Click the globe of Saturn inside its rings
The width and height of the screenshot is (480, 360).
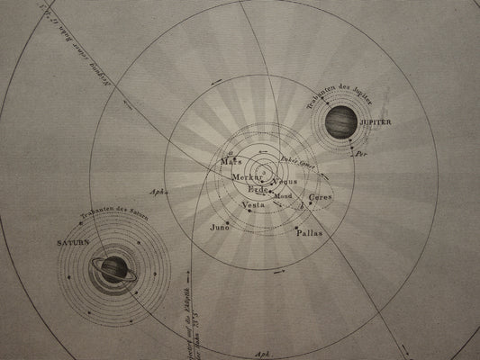tap(113, 268)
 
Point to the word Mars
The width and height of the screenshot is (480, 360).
tap(230, 163)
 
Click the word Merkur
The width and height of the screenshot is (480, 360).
tap(245, 178)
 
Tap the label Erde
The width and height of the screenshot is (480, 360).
tap(258, 191)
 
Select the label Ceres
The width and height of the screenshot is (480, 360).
tap(321, 196)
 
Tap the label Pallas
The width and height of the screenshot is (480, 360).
tap(309, 232)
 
